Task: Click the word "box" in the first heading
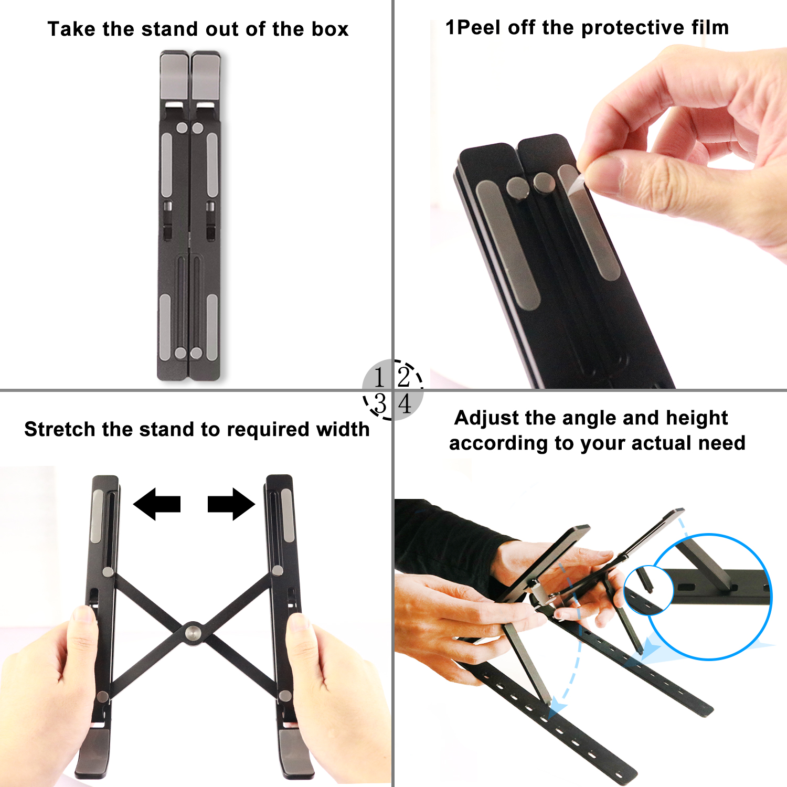click(330, 29)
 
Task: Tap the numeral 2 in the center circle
click(404, 377)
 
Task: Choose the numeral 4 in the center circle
click(405, 404)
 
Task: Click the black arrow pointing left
click(157, 504)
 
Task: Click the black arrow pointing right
click(231, 504)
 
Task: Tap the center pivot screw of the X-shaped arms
click(193, 633)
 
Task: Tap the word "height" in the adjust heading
click(697, 419)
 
